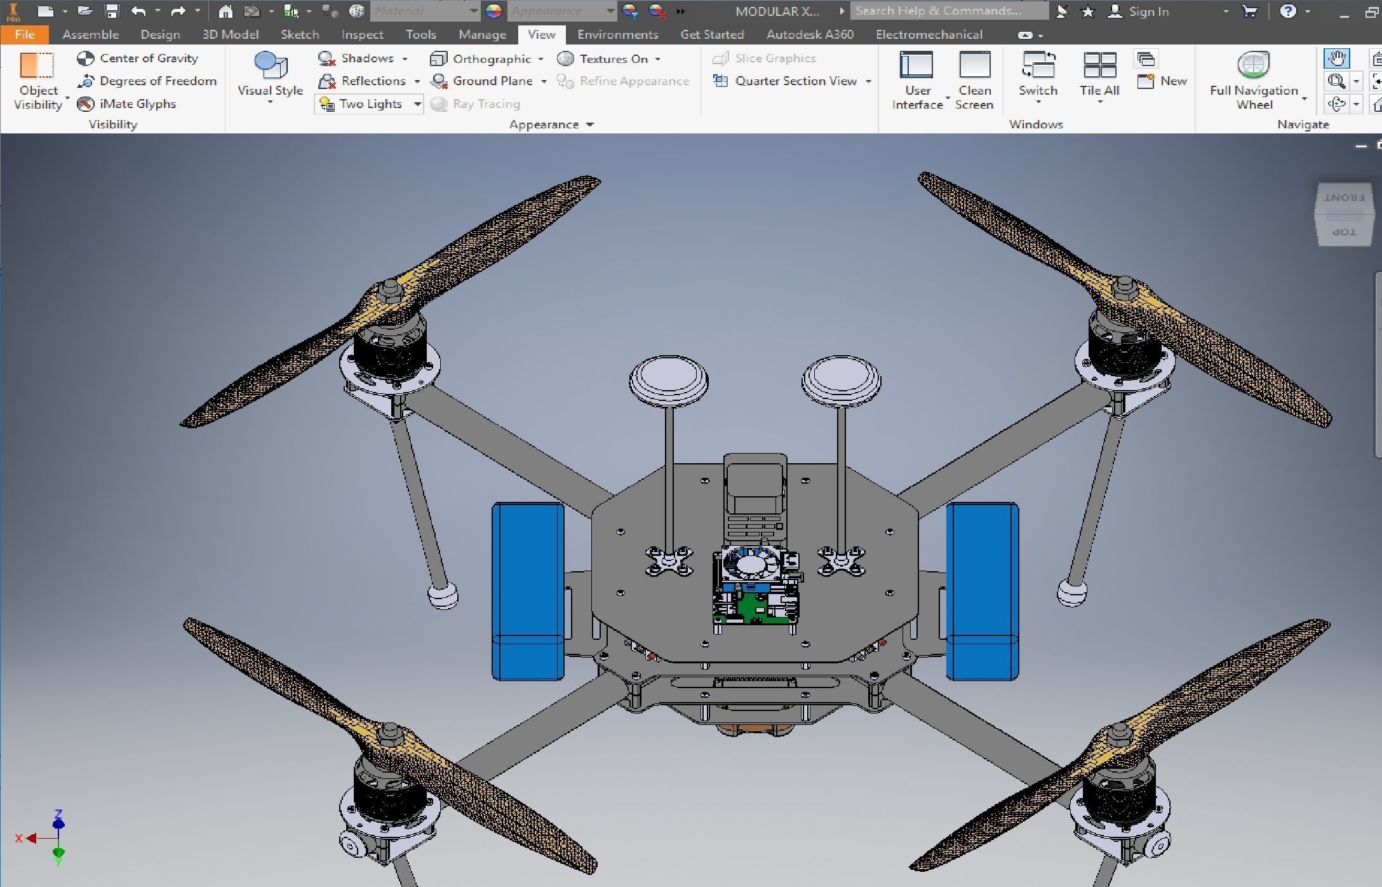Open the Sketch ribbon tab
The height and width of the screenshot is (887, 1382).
coord(299,34)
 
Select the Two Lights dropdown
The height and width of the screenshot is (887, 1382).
coord(369,104)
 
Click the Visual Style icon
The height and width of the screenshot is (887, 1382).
coord(270,65)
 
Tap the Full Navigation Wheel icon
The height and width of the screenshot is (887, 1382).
coord(1253,65)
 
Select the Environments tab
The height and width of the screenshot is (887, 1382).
coord(617,34)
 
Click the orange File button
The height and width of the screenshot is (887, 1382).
coord(24,34)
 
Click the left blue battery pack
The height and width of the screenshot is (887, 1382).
coord(527,591)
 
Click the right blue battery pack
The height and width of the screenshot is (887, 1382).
coord(982,591)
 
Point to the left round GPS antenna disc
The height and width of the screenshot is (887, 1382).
coord(668,379)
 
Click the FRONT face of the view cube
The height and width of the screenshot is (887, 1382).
coord(1344,198)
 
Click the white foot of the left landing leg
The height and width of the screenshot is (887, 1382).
coord(443,596)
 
